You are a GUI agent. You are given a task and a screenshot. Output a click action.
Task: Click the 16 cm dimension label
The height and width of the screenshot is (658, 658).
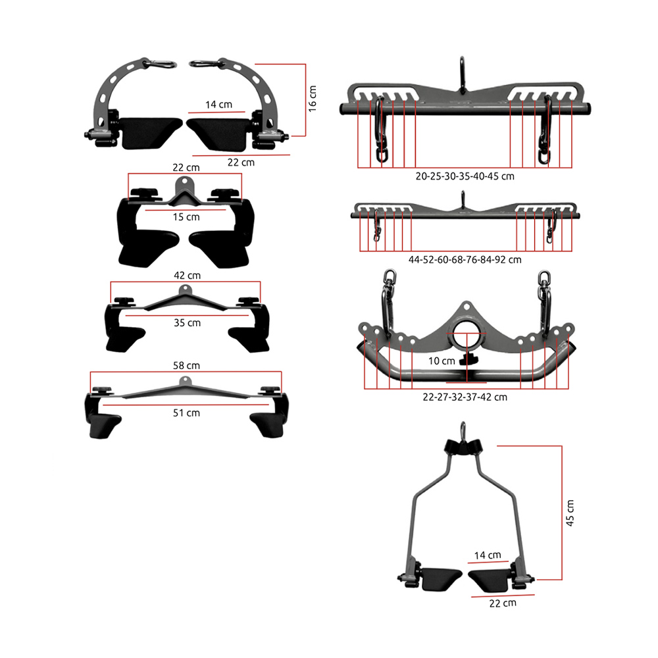313,99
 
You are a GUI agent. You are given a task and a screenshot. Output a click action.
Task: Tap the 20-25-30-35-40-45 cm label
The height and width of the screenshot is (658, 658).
465,176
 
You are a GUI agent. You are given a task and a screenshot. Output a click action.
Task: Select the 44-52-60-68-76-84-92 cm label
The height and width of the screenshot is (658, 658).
465,260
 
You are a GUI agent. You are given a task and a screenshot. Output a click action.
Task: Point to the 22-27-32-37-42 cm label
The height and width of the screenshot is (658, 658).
465,397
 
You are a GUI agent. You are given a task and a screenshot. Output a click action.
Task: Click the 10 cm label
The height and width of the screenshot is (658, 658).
442,361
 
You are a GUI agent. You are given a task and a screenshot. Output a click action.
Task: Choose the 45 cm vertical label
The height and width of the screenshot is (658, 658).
570,513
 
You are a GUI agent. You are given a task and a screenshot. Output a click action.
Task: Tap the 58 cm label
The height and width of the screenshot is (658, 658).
186,365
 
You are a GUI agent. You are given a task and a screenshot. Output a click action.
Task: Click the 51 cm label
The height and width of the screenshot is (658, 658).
186,413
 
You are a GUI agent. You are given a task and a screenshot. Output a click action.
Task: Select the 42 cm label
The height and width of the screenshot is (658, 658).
187,275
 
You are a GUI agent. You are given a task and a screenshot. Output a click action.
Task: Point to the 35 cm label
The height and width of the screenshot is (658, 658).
187,322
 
